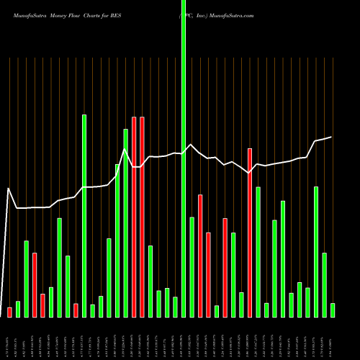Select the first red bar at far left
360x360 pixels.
[x=10, y=312]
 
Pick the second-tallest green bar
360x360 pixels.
[x=84, y=216]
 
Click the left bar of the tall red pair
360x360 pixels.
[x=134, y=216]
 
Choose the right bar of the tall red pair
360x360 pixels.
[x=143, y=216]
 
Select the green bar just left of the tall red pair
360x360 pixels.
[x=126, y=223]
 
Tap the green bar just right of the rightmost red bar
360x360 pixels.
[x=258, y=252]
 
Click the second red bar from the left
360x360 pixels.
[x=35, y=284]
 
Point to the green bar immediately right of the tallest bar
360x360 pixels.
[x=192, y=266]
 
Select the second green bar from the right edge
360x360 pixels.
[x=325, y=284]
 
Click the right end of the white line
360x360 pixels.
[x=331, y=137]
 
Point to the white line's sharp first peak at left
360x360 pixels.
[x=9, y=189]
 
